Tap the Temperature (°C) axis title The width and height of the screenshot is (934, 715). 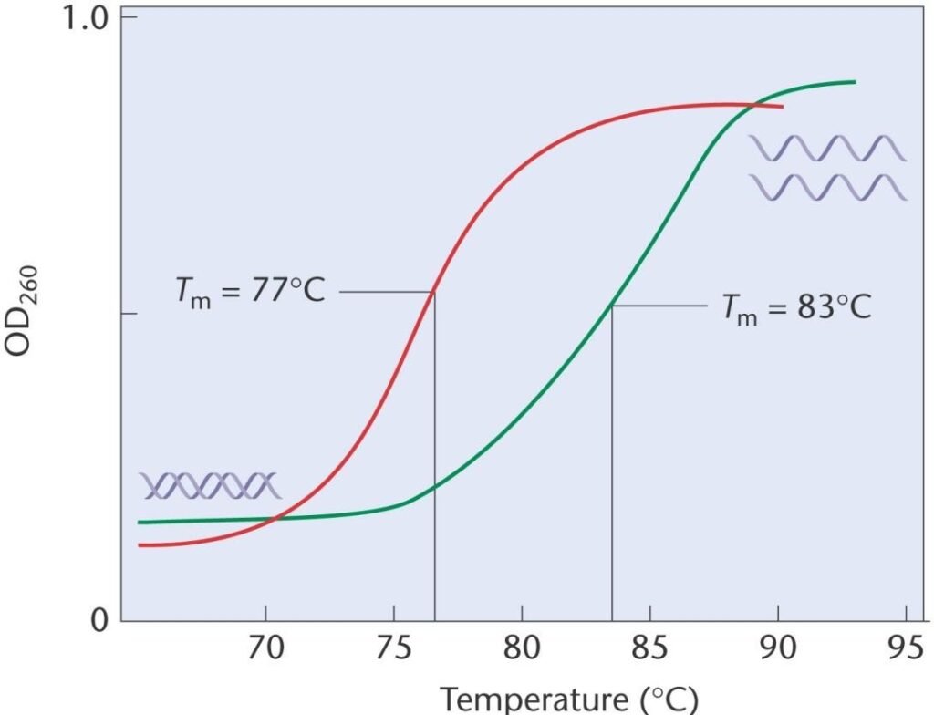click(570, 698)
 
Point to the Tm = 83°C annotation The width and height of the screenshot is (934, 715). click(796, 307)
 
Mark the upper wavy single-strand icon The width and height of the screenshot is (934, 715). click(827, 148)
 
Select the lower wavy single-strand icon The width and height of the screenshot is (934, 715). click(827, 187)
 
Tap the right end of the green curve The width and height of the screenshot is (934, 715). click(855, 82)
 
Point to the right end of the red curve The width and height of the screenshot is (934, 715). click(783, 107)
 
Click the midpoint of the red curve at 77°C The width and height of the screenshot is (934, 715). click(433, 292)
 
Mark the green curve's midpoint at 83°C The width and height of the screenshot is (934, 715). click(611, 306)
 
